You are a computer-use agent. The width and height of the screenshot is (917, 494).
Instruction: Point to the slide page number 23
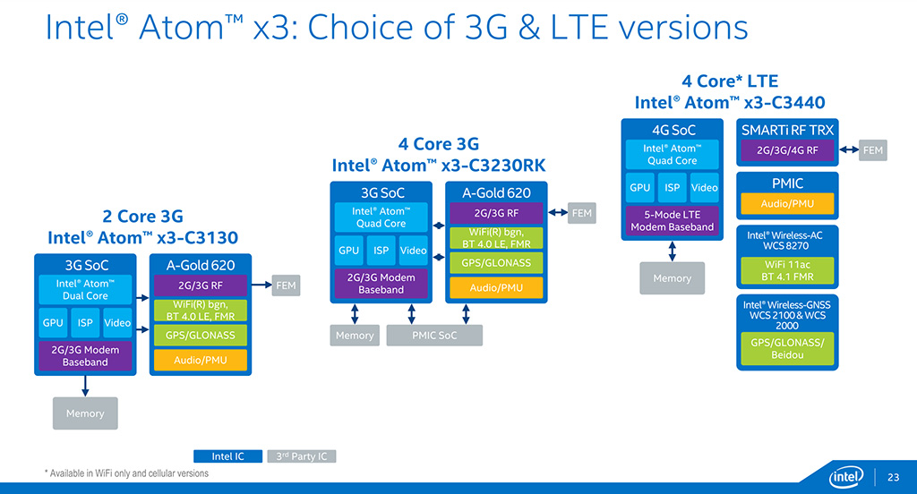click(x=893, y=474)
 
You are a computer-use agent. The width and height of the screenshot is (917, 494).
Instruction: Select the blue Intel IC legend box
click(x=227, y=456)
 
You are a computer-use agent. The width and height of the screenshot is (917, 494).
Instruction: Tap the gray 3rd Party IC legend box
click(x=301, y=456)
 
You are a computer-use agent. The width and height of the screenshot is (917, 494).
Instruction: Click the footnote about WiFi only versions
click(x=126, y=473)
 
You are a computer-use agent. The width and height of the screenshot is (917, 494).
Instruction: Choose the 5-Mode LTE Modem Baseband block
click(x=672, y=221)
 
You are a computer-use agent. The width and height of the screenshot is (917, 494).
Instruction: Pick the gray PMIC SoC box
click(x=434, y=336)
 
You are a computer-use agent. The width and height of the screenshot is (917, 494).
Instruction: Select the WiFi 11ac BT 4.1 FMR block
click(x=786, y=271)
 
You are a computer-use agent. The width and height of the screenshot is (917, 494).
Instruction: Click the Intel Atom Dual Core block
click(x=85, y=289)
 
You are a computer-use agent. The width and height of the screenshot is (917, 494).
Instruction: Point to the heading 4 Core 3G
click(x=438, y=144)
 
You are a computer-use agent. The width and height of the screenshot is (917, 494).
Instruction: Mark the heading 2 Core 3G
click(x=143, y=216)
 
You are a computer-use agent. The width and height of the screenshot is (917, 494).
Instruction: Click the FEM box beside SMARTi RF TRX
click(x=873, y=150)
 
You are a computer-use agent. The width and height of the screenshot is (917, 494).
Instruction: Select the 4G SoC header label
click(x=673, y=130)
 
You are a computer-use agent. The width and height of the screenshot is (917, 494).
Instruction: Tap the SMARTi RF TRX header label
click(x=787, y=130)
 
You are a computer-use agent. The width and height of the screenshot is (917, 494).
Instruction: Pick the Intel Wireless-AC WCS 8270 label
click(x=786, y=240)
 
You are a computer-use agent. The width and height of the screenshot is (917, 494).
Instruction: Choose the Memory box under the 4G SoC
click(x=672, y=278)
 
